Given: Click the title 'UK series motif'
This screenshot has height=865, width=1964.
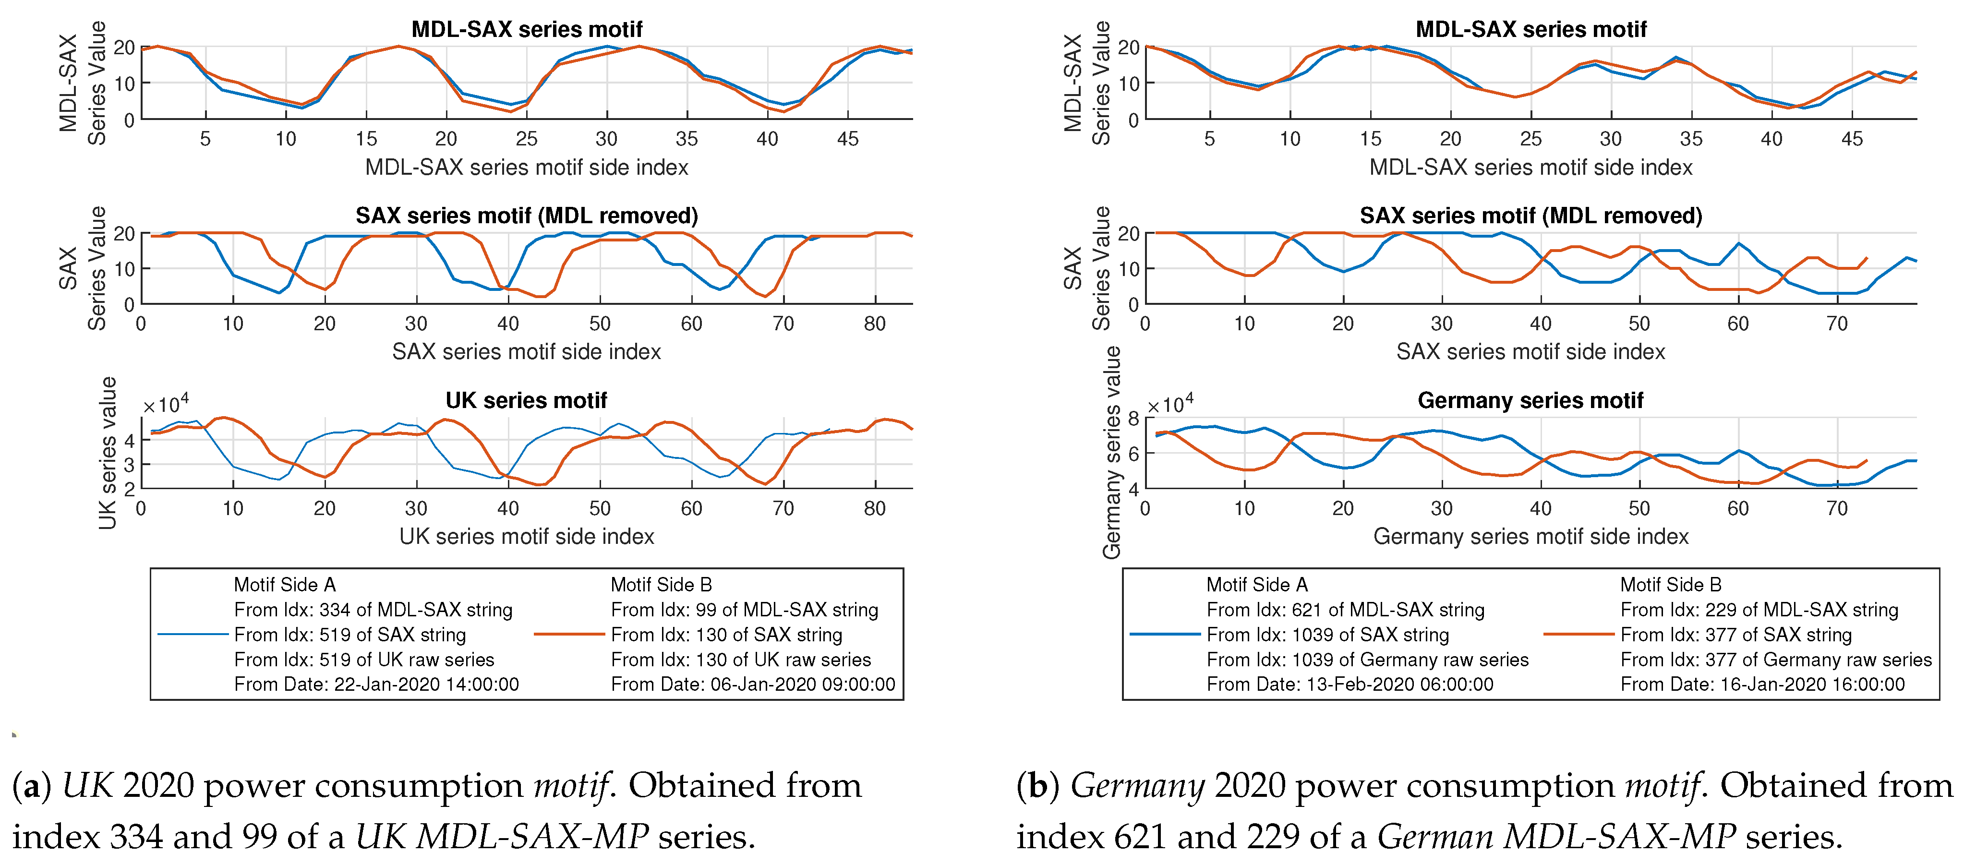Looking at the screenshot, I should coord(526,400).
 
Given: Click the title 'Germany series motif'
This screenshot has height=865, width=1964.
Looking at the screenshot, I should coord(1530,400).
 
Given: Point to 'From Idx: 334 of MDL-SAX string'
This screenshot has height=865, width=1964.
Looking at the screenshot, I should coord(373,610).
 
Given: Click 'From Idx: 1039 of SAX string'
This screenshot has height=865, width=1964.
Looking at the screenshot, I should coord(1327,634).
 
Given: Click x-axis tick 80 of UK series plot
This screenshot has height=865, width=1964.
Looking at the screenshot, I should coord(875,508).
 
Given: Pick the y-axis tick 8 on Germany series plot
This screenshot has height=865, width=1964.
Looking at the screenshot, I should coord(1134,418).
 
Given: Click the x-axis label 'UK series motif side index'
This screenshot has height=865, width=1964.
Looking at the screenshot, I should coord(526,537).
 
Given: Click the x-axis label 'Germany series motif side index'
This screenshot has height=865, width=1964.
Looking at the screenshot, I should coord(1530,537).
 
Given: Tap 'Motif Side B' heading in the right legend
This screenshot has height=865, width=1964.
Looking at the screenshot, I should coord(1671,585).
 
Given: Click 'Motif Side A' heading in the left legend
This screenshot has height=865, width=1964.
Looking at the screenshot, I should coord(284,585).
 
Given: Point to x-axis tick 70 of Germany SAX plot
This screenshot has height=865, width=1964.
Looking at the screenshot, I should coord(1837,324).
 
